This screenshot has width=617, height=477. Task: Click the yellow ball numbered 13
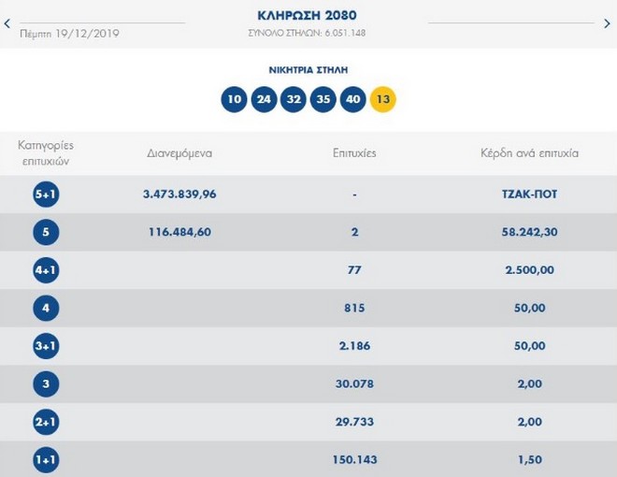tap(383, 99)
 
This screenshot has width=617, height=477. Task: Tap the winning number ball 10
tap(235, 99)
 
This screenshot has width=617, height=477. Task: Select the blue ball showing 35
tap(323, 99)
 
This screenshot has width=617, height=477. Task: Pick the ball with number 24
tap(265, 99)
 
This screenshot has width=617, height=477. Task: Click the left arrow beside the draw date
tap(7, 24)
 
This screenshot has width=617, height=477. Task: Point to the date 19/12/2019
tap(87, 34)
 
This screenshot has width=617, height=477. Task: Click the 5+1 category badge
tap(46, 194)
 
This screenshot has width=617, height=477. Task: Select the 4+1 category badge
tap(46, 270)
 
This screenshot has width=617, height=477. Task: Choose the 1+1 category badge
tap(46, 460)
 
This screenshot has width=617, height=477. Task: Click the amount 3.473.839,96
tap(179, 194)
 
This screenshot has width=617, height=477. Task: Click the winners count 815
tap(354, 308)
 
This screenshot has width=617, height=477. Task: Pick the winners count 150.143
tap(354, 460)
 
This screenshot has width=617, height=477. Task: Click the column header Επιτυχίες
tap(354, 152)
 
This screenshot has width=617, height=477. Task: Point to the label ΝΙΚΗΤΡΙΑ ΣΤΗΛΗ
tap(308, 69)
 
